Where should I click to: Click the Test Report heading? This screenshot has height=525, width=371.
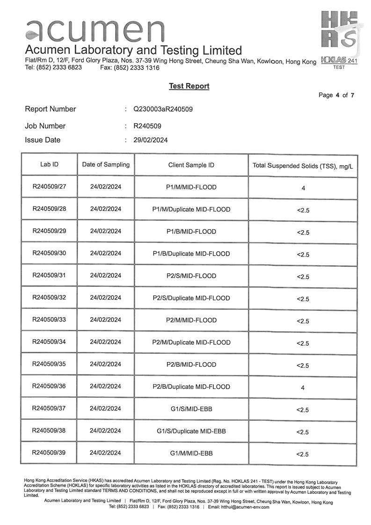pos(189,86)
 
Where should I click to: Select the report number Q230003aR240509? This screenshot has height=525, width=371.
pos(163,109)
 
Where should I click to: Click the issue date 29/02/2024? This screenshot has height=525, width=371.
pos(151,140)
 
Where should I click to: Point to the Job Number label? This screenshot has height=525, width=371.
pos(45,126)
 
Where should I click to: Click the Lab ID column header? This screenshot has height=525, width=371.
pos(49,165)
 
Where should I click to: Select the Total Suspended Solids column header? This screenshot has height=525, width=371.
pos(303,166)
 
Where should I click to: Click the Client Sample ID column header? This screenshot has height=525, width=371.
pos(191,165)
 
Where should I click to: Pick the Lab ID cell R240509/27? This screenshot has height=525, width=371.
pos(49,187)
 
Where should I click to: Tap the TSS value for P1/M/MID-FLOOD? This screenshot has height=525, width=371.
pos(303,188)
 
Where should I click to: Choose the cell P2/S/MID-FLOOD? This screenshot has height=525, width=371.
pos(191,276)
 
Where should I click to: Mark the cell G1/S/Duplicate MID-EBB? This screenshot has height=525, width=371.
pos(191,431)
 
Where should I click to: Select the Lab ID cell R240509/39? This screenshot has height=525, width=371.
pos(49,452)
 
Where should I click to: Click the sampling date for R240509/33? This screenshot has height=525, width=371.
pos(106,320)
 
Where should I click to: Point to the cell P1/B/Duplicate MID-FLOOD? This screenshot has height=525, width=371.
pos(191,254)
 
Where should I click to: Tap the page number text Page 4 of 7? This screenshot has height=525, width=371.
pos(336,95)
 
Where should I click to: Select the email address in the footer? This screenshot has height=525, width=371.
pos(245,507)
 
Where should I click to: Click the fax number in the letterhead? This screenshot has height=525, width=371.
pos(130,68)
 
